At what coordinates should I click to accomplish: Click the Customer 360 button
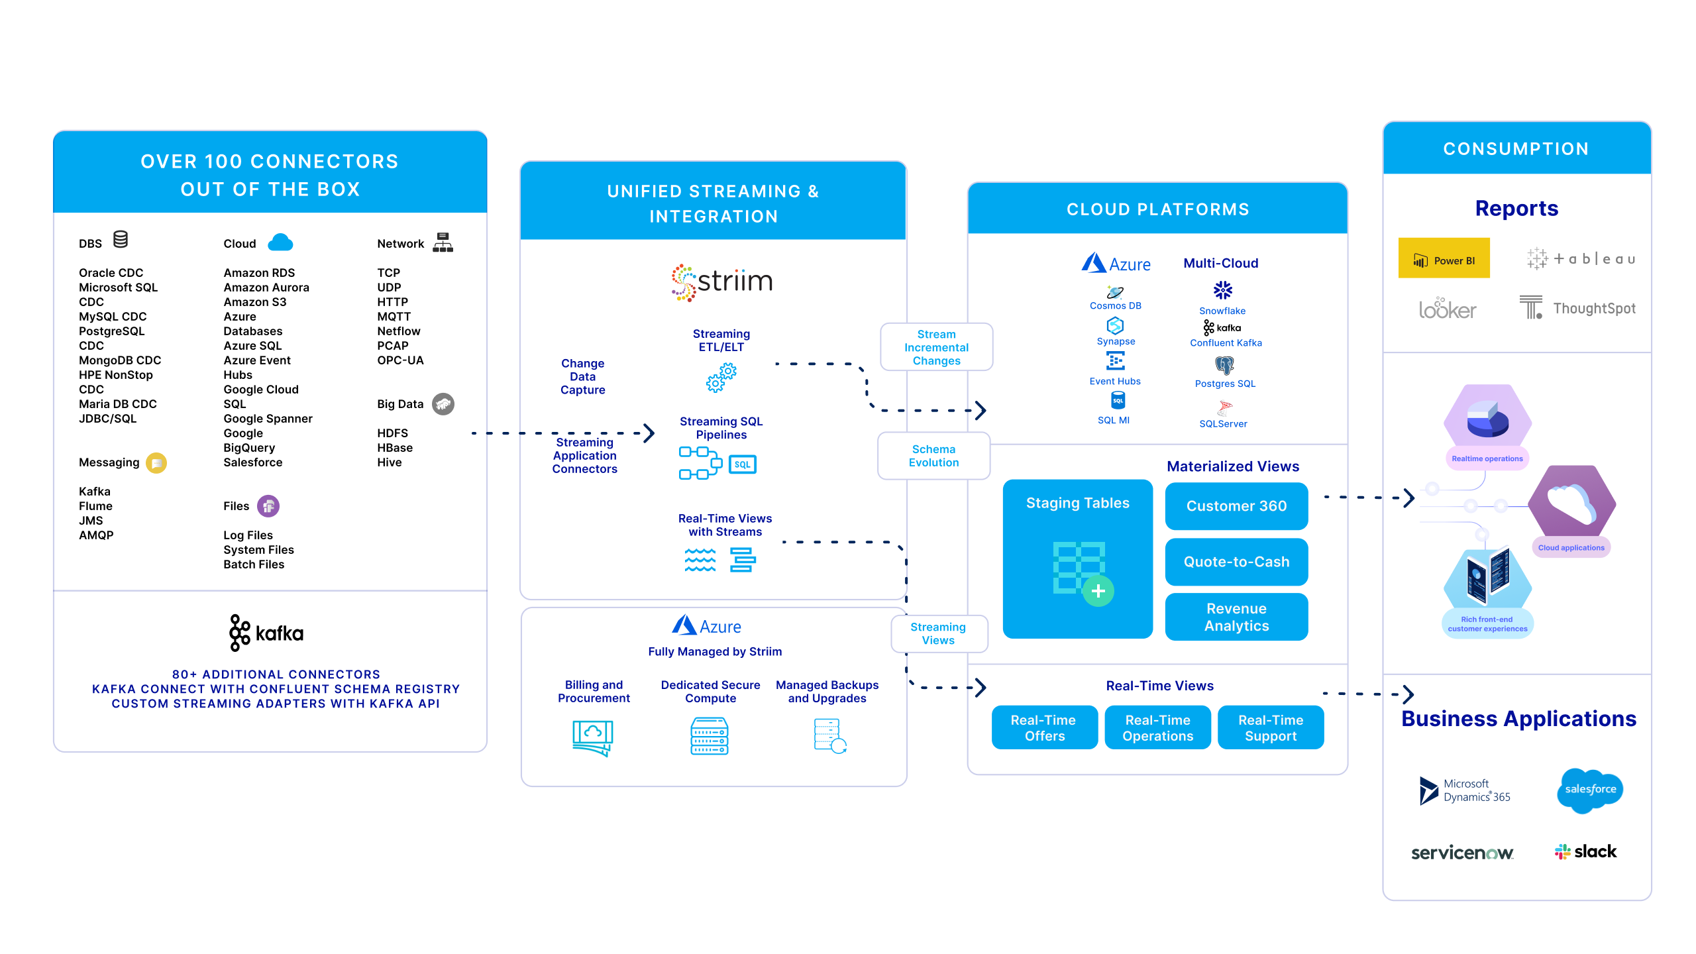[x=1236, y=506]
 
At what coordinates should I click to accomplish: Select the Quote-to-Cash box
[x=1236, y=562]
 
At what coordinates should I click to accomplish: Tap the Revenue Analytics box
[x=1236, y=617]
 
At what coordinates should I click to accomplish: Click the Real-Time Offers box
[x=1045, y=727]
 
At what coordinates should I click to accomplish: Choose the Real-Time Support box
[x=1271, y=727]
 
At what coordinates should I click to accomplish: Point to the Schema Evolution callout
[x=933, y=456]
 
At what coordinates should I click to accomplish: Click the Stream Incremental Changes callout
[x=936, y=347]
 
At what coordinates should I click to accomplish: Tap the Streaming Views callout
[x=939, y=634]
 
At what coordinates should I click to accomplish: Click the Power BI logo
[x=1444, y=258]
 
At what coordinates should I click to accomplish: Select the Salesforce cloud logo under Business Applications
[x=1590, y=790]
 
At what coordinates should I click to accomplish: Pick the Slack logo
[x=1585, y=851]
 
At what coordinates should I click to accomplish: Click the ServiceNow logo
[x=1462, y=853]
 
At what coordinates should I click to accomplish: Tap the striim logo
[x=721, y=282]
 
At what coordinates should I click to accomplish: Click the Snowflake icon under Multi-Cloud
[x=1222, y=290]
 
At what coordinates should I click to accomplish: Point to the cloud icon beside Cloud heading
[x=280, y=242]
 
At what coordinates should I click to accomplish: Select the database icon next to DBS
[x=121, y=239]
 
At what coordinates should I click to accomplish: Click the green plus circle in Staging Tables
[x=1098, y=591]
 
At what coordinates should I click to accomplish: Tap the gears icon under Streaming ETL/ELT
[x=721, y=377]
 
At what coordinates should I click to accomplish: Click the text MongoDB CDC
[x=120, y=360]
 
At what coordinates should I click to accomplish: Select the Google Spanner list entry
[x=268, y=419]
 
